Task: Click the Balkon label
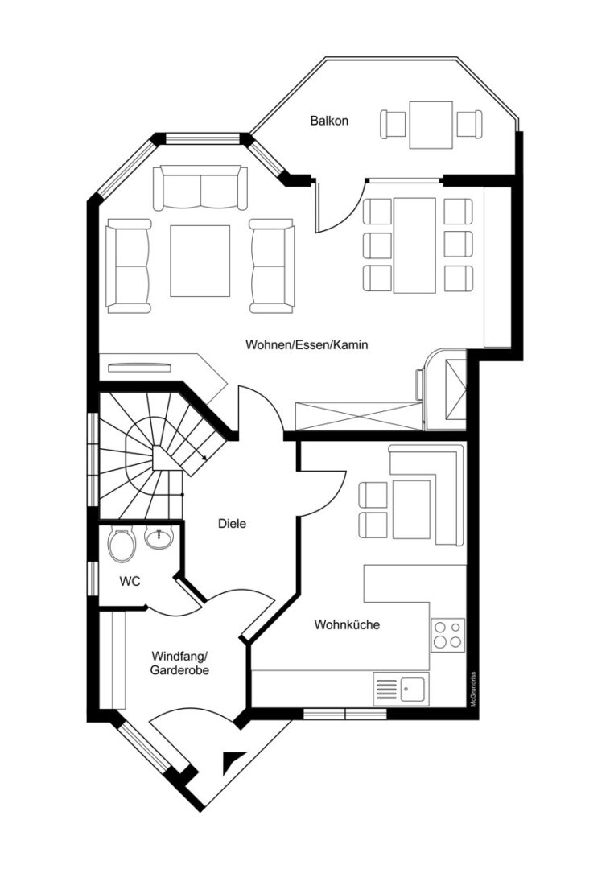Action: pyautogui.click(x=329, y=120)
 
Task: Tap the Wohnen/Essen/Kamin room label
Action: pyautogui.click(x=307, y=344)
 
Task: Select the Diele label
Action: pyautogui.click(x=232, y=523)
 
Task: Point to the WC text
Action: pyautogui.click(x=130, y=582)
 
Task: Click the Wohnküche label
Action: pyautogui.click(x=347, y=624)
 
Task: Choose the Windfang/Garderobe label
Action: pyautogui.click(x=179, y=663)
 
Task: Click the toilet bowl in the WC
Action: pyautogui.click(x=122, y=545)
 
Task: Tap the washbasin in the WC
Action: pyautogui.click(x=159, y=537)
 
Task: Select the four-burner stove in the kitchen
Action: pyautogui.click(x=447, y=635)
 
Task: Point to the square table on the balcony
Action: pyautogui.click(x=431, y=125)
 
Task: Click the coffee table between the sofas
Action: pyautogui.click(x=200, y=261)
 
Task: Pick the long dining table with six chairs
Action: pyautogui.click(x=414, y=245)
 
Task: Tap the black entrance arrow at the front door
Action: pyautogui.click(x=233, y=762)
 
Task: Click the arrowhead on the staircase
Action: pyautogui.click(x=204, y=458)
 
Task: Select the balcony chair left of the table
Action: pyautogui.click(x=394, y=125)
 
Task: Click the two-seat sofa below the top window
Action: pyautogui.click(x=200, y=187)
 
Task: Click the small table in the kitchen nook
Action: pyautogui.click(x=412, y=510)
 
